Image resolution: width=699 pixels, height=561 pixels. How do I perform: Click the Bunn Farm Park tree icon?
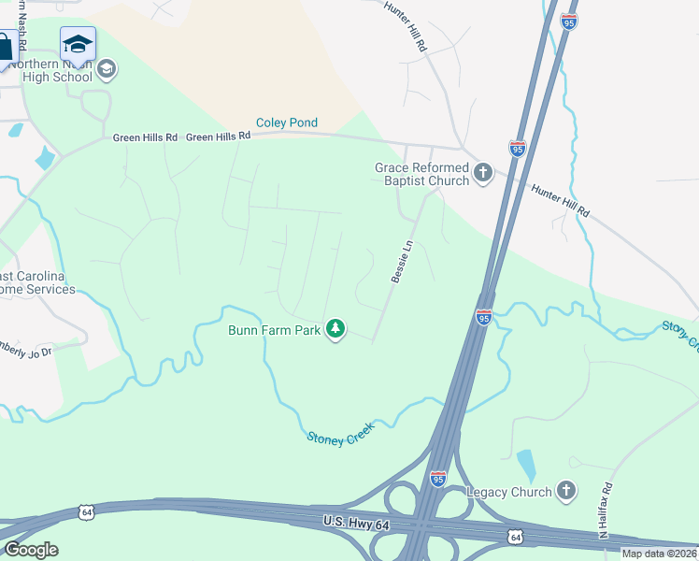pyautogui.click(x=335, y=329)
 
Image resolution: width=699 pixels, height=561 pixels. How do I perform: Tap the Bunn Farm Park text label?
pyautogui.click(x=275, y=330)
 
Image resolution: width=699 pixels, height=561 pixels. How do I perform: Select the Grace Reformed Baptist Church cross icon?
pyautogui.click(x=483, y=172)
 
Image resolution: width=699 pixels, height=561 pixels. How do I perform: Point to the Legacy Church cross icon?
pyautogui.click(x=565, y=490)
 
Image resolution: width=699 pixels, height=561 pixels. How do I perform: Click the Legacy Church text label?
pyautogui.click(x=509, y=491)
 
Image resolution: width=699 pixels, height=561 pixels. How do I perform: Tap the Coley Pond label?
pyautogui.click(x=288, y=122)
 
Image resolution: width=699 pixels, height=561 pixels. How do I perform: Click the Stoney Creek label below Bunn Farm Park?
pyautogui.click(x=340, y=431)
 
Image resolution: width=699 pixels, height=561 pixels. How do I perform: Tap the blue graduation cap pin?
pyautogui.click(x=78, y=44)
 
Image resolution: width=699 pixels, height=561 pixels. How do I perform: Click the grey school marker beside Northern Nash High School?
pyautogui.click(x=107, y=67)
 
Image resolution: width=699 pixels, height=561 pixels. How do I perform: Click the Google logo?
pyautogui.click(x=31, y=550)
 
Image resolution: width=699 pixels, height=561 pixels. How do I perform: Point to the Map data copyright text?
pyautogui.click(x=660, y=554)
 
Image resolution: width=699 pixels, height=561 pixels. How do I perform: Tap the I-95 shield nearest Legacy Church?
pyautogui.click(x=437, y=479)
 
